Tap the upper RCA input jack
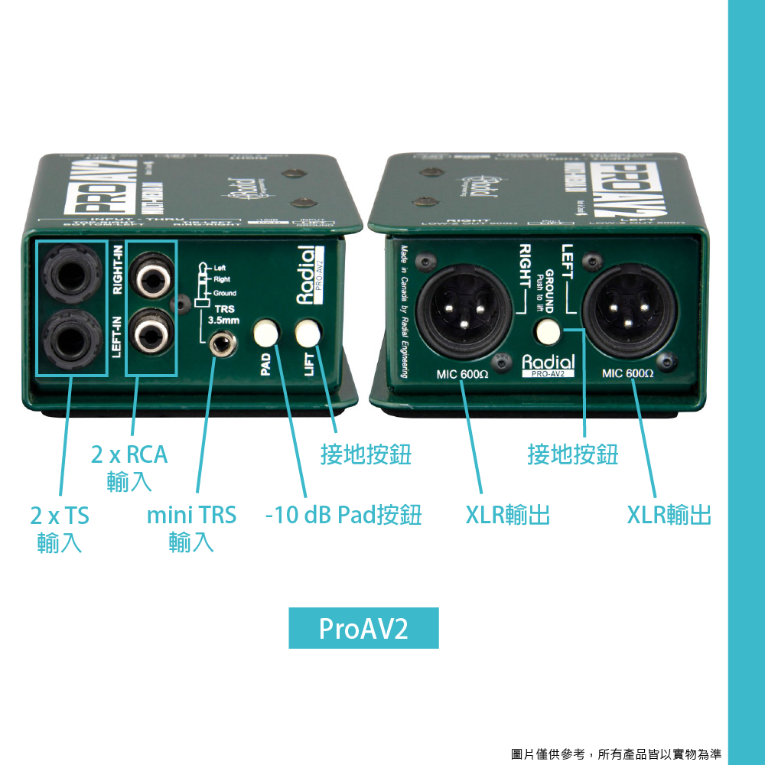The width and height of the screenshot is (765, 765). coord(151,277)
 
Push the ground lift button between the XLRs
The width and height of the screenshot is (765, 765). coord(549,332)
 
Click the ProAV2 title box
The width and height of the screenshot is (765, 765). coord(363,628)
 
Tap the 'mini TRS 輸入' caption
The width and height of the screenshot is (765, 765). coord(191,529)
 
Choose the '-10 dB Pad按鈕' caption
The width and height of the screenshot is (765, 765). coord(343,515)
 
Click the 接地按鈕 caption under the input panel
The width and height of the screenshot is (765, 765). coord(366,454)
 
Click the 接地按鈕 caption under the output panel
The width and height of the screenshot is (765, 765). coord(572,454)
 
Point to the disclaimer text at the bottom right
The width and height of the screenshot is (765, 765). coord(616,754)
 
